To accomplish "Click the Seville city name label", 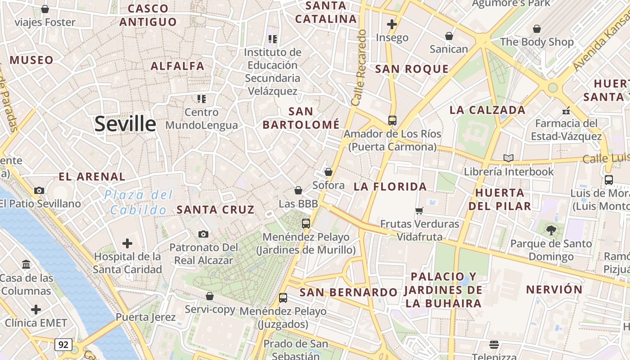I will (x=125, y=124).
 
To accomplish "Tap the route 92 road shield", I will (x=63, y=345).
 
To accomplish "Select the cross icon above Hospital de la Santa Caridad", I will (x=127, y=243).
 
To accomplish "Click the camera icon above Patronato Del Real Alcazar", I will (x=203, y=234).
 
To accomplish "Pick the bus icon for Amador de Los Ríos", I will (x=392, y=120).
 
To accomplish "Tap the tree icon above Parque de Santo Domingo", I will (x=550, y=230).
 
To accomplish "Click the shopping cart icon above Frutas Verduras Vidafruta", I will (x=419, y=210).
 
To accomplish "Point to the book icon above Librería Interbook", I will (x=508, y=158).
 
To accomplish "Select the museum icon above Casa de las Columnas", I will (x=26, y=264).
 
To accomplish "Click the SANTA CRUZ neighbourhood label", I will (x=216, y=210).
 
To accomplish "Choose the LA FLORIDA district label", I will (x=390, y=186).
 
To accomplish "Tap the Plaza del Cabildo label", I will (x=139, y=202).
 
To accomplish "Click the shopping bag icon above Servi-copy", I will (x=210, y=296).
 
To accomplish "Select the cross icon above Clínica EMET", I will (x=36, y=310).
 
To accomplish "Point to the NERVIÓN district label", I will (x=554, y=289).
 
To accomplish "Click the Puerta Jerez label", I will (x=146, y=317).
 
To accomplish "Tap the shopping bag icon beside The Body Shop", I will (x=536, y=29).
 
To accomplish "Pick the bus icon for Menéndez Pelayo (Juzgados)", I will (x=283, y=297).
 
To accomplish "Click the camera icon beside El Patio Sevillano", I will (x=39, y=190).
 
